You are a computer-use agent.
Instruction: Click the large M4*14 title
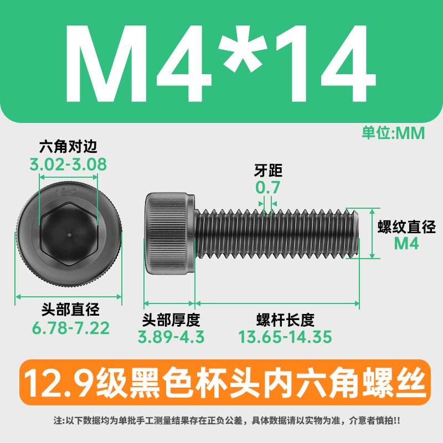[220, 63]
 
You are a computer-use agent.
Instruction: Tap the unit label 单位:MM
[393, 133]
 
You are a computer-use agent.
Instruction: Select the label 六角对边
[68, 146]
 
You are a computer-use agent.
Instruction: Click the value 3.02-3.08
[68, 164]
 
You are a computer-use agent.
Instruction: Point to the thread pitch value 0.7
[267, 187]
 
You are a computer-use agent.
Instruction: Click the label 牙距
[268, 171]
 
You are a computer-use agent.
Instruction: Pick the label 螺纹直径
[406, 226]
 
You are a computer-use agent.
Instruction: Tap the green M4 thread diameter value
[406, 243]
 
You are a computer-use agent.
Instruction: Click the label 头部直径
[70, 309]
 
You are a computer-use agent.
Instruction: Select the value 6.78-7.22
[71, 328]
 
